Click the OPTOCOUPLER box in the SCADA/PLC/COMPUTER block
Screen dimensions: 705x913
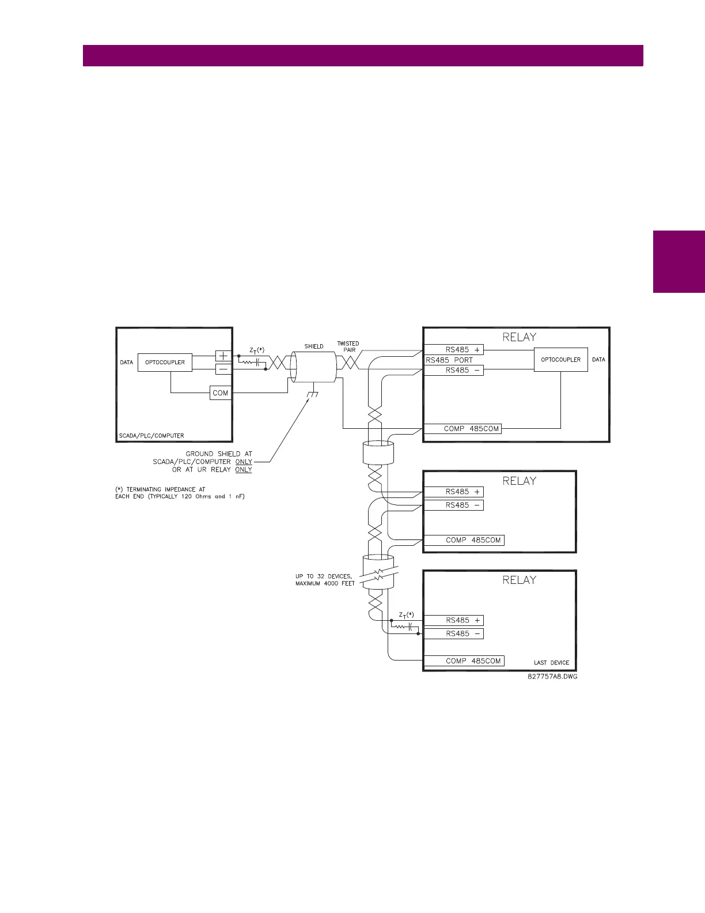pos(165,363)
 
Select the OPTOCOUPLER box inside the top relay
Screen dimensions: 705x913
pos(560,360)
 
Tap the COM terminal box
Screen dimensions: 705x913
pos(221,393)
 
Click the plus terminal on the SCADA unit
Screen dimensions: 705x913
pos(223,356)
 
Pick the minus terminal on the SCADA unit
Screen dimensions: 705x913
pos(223,369)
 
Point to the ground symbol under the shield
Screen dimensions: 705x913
pos(313,395)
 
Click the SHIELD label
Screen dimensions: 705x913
pos(314,346)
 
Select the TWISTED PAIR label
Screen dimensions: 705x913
pos(348,346)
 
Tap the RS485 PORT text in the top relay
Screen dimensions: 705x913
pos(449,360)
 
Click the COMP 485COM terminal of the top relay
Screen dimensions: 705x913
pos(463,429)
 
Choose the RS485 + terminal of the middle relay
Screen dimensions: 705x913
pos(453,492)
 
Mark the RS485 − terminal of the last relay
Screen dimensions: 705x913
pos(453,633)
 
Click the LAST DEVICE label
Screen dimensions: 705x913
pos(551,663)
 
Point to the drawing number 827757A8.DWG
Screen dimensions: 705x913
pos(552,677)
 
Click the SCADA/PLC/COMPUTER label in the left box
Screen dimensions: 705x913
pos(151,436)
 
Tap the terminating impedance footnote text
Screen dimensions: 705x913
pos(180,493)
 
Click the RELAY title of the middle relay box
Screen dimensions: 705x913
pos(519,481)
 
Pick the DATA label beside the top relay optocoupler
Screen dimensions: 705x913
pos(598,360)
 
